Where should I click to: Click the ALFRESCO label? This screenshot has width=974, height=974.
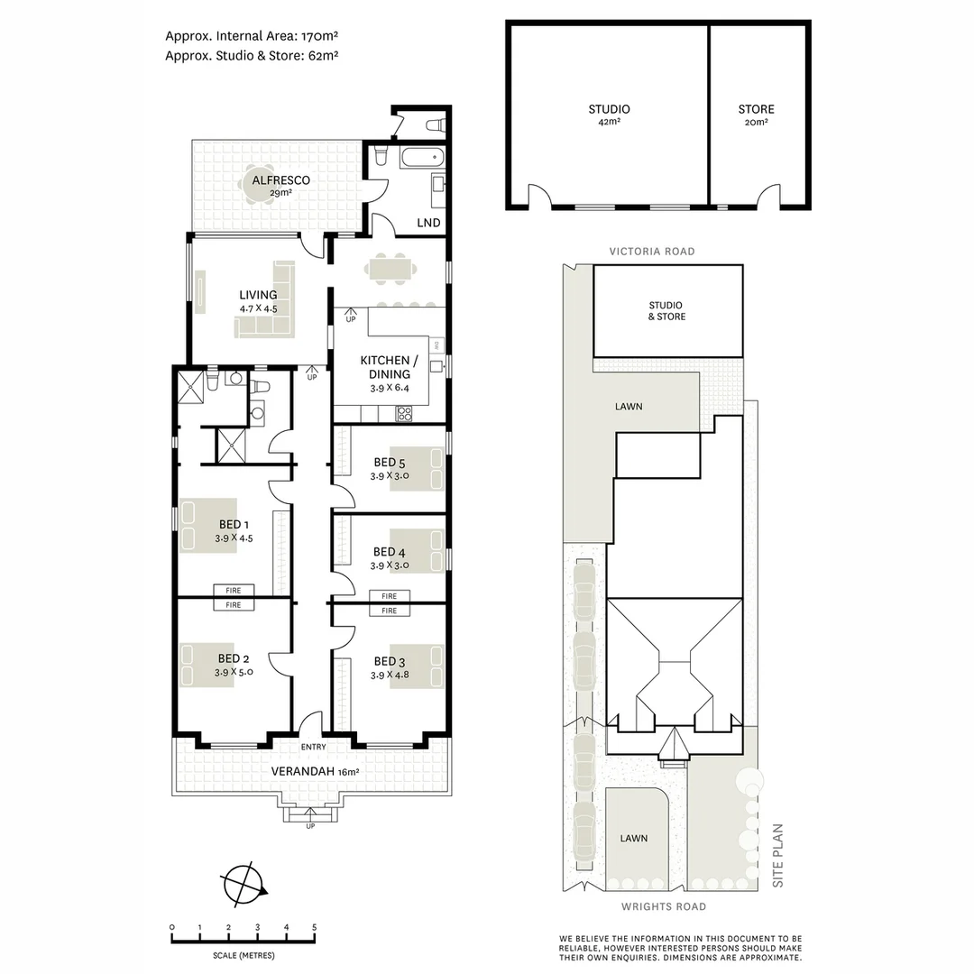coord(280,180)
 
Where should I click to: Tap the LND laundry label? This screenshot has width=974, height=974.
coord(428,223)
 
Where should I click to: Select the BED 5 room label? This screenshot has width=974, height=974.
coord(390,464)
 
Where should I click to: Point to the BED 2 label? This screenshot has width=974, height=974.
coord(233,658)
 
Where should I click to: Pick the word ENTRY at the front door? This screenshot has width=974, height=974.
coord(313,747)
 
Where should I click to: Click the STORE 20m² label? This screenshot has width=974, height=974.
coord(756,109)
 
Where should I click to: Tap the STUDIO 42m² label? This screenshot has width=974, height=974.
coord(609,109)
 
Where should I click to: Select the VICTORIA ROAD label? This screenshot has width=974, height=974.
coord(651,252)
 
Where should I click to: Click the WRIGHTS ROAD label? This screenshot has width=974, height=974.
coord(663,906)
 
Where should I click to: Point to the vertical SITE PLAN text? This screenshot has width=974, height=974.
coord(779,856)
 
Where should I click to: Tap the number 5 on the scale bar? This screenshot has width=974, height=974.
coord(314,927)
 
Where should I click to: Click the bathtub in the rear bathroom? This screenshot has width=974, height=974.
coord(423,160)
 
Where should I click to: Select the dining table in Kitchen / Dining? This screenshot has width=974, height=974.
coord(390,269)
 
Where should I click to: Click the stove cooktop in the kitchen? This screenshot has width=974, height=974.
coord(405,414)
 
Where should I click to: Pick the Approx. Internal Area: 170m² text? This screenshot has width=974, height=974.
coord(252,36)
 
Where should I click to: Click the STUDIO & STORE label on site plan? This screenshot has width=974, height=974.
coord(666,311)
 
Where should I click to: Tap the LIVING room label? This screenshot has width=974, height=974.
coord(258,295)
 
